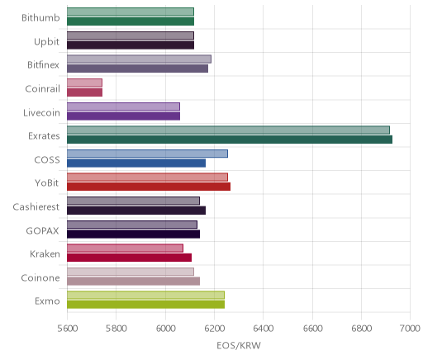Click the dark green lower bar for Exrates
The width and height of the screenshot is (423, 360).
(230, 140)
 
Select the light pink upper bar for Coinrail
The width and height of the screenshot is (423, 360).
(84, 83)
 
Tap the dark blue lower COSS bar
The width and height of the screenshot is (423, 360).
(136, 163)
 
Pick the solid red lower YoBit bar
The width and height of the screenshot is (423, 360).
(149, 187)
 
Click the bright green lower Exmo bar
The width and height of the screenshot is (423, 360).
(145, 305)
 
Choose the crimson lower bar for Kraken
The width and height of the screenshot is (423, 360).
(129, 258)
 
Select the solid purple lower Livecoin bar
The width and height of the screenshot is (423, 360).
(123, 116)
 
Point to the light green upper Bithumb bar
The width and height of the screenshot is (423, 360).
(131, 12)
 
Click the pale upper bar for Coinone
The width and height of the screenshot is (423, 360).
(131, 272)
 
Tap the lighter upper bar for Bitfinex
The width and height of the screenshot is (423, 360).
(139, 59)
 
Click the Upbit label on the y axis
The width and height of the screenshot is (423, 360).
(46, 42)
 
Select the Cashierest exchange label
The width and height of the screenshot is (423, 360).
(36, 206)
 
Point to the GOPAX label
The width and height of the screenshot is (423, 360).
(42, 230)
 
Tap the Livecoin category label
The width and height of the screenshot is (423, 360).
(41, 112)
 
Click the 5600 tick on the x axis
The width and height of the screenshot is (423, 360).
(68, 329)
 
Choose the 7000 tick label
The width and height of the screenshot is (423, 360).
(410, 329)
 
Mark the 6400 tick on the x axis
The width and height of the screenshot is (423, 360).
(264, 329)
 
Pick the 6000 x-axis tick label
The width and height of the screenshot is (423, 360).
(166, 329)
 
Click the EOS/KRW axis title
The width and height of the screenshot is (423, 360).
(239, 345)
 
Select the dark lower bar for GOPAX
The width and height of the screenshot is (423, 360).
(133, 234)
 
